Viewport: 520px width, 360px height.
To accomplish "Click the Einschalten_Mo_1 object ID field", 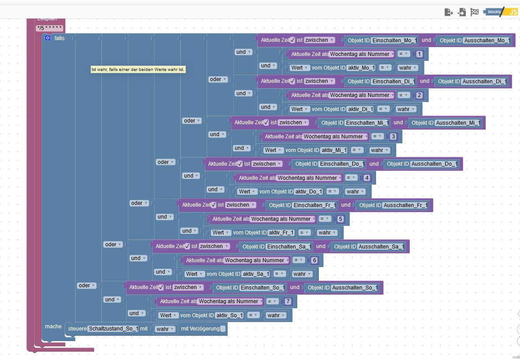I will (x=394, y=40).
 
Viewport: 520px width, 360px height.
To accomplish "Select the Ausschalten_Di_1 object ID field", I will (x=484, y=82).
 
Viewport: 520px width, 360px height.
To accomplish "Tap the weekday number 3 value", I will (x=393, y=137).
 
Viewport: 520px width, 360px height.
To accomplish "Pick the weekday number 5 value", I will (x=340, y=219).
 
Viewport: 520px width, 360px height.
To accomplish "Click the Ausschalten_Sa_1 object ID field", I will (x=381, y=246).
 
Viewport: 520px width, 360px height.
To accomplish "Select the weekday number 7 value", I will (x=288, y=301).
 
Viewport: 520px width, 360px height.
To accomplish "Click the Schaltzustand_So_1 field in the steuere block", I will (x=113, y=329).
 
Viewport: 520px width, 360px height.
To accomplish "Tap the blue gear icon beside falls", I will (x=48, y=38).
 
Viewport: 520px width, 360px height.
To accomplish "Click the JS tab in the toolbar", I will (x=513, y=12).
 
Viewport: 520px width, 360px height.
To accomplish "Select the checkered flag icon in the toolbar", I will (x=474, y=12).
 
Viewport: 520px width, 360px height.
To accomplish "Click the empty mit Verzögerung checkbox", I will (x=223, y=329).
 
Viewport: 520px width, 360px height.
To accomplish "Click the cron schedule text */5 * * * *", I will (x=50, y=28).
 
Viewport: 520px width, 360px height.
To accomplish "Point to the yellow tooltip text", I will (x=138, y=70).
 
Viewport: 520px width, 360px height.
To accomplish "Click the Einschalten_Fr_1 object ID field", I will (x=315, y=205).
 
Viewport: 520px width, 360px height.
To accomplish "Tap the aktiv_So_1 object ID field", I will (x=229, y=315).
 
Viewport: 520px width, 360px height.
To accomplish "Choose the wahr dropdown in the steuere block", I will (x=165, y=329).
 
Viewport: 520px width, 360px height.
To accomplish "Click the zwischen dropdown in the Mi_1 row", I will (x=293, y=122).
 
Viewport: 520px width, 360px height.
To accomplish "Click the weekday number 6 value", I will (x=314, y=260).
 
